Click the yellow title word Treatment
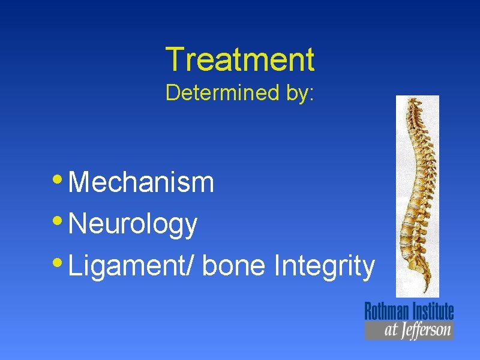pos(239,59)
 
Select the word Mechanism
pos(142,182)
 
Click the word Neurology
pos(133,224)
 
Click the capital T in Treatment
pos(173,59)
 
